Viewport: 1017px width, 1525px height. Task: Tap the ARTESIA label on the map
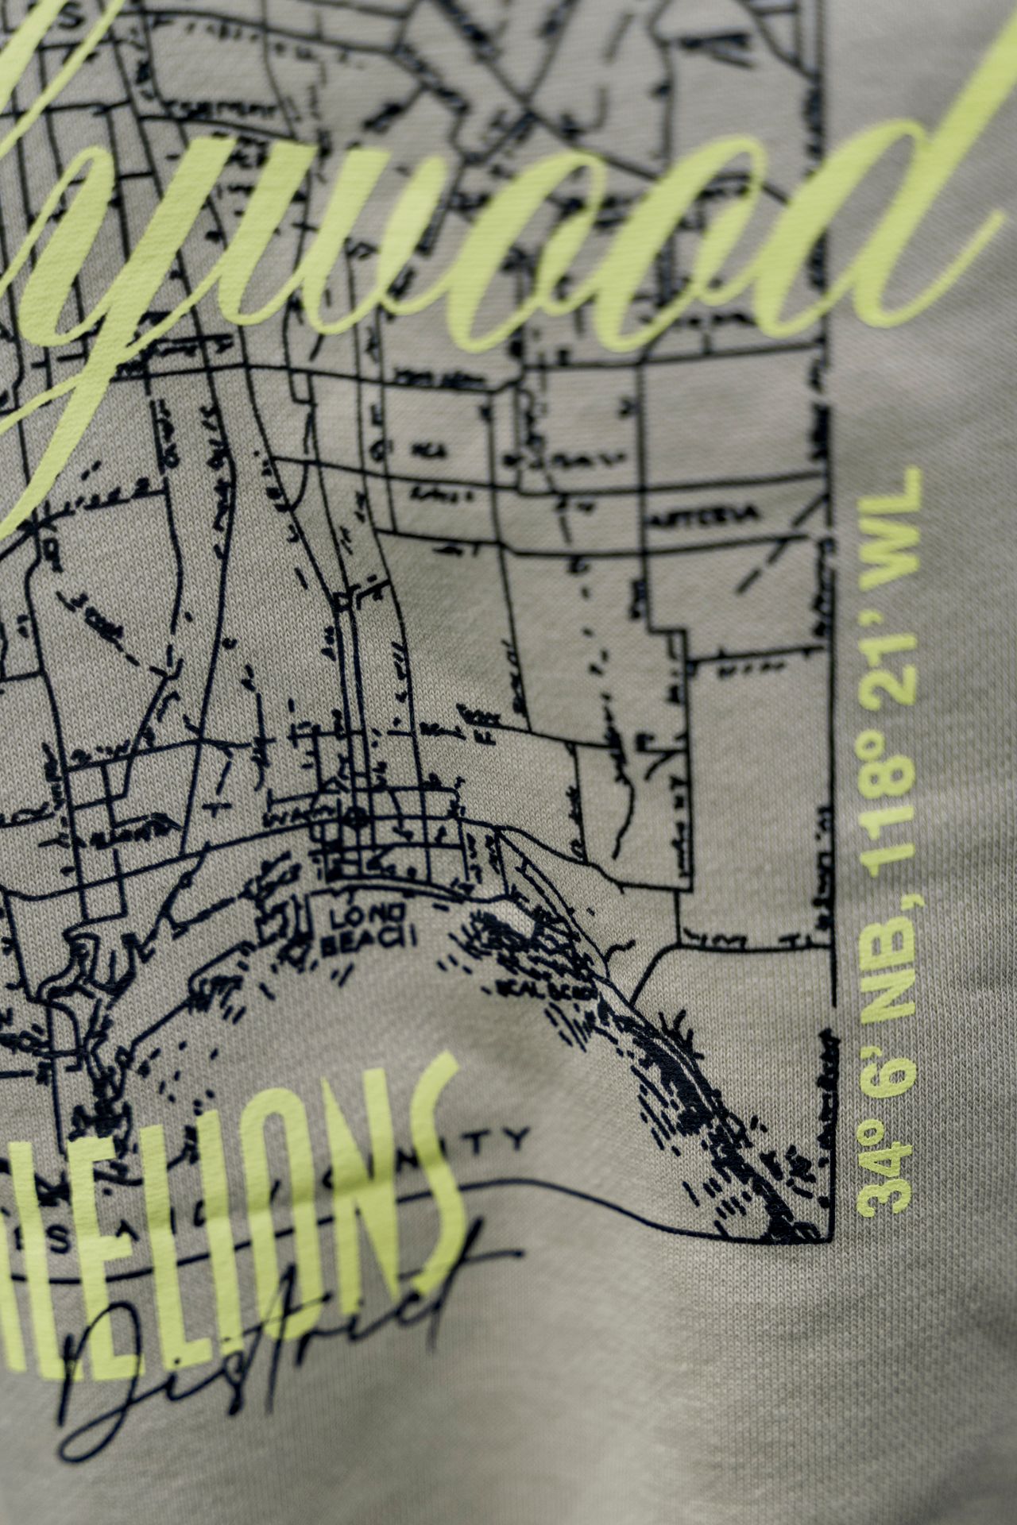(x=715, y=515)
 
